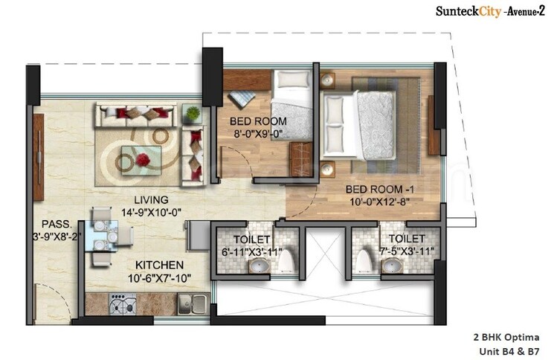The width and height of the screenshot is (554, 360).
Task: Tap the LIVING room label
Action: (151, 200)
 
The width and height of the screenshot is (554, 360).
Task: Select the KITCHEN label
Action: (159, 265)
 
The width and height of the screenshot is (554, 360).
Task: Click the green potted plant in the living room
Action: (193, 114)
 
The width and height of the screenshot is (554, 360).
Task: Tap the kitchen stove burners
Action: (120, 303)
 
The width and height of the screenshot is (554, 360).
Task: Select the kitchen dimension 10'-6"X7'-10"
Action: (159, 278)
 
